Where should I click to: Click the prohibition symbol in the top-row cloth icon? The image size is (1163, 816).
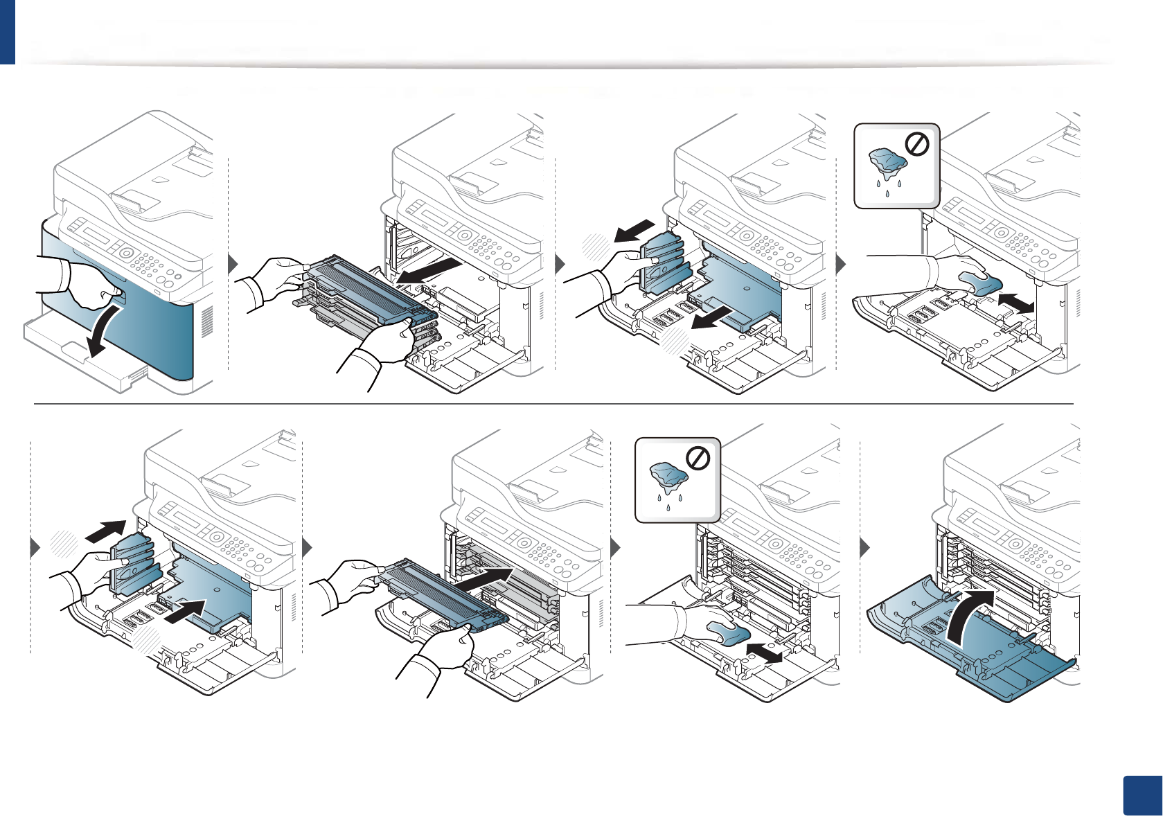click(x=918, y=145)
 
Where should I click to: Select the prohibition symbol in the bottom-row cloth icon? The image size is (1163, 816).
click(x=698, y=459)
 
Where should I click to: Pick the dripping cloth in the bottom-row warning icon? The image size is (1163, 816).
click(x=668, y=478)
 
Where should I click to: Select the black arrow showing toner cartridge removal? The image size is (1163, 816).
click(x=429, y=270)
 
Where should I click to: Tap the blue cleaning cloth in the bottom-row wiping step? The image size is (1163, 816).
click(x=727, y=632)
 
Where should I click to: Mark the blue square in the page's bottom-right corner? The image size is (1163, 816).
click(x=1142, y=795)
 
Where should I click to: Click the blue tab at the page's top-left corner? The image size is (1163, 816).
click(x=7, y=31)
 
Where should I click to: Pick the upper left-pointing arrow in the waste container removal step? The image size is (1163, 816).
click(x=634, y=231)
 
